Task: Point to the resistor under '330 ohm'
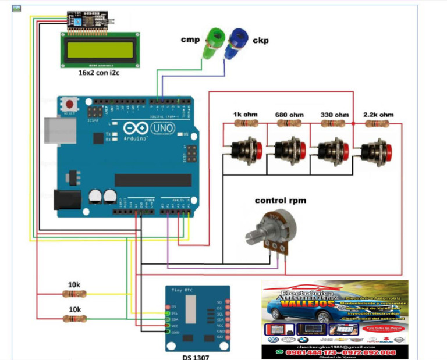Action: coord(332,124)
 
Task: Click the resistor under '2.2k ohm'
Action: coord(377,124)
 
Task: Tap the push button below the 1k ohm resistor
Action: coord(245,150)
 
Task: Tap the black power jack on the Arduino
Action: coord(66,200)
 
